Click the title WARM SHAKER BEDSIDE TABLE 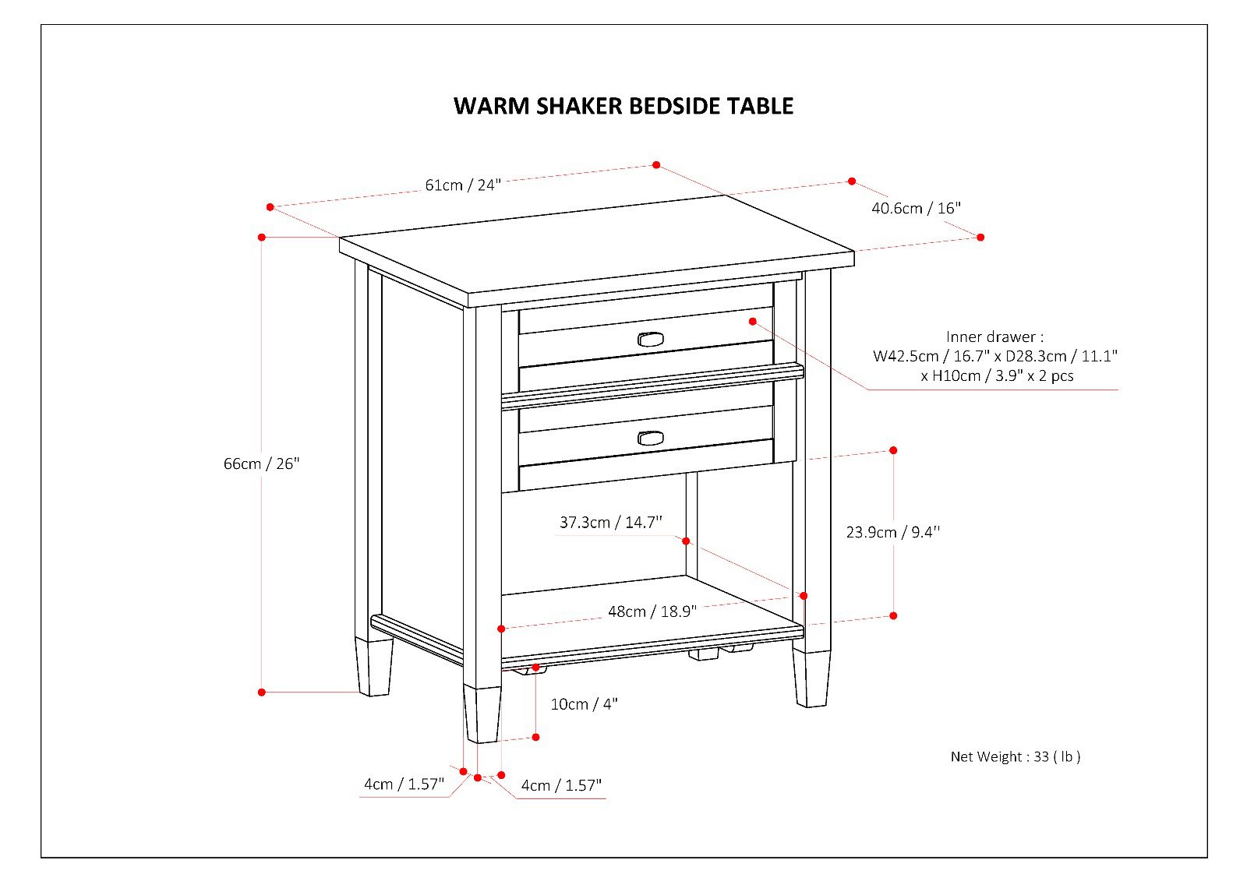[x=623, y=106]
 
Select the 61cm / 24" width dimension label [x=462, y=185]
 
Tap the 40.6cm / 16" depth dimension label [x=916, y=208]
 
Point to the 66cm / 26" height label [x=261, y=463]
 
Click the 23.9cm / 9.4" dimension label [x=892, y=532]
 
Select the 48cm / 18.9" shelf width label [x=652, y=611]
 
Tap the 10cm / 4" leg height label [x=584, y=704]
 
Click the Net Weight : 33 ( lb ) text [x=1015, y=756]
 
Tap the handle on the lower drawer [x=650, y=439]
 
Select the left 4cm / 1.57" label [x=404, y=784]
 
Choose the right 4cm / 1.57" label [x=561, y=785]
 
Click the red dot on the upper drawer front [x=753, y=321]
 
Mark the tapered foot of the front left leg [x=482, y=714]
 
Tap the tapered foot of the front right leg [x=811, y=678]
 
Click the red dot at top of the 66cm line [x=262, y=237]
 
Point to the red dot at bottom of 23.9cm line [x=893, y=615]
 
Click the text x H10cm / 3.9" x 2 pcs [x=996, y=376]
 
